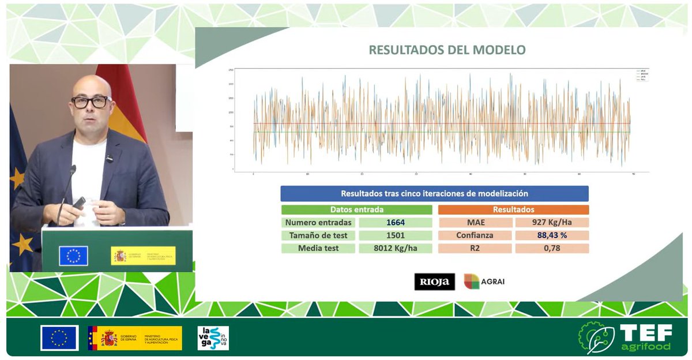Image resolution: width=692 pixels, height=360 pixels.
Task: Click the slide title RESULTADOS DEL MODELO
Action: click(447, 50)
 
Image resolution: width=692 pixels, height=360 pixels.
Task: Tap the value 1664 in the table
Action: click(395, 222)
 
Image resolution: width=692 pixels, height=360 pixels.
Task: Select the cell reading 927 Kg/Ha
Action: click(552, 222)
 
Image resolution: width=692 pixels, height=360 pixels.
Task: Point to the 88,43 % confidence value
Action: click(552, 235)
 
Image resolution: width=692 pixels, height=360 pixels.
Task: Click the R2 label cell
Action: click(475, 249)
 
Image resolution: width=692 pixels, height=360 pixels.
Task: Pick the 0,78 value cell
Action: click(552, 249)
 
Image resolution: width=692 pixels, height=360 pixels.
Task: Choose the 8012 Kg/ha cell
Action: click(395, 249)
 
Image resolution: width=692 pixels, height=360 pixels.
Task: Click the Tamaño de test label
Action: click(319, 235)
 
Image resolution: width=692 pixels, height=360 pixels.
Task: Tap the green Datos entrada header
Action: click(356, 209)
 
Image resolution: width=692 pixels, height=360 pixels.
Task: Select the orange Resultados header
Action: click(513, 209)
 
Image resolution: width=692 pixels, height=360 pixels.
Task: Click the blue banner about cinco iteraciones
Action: click(434, 194)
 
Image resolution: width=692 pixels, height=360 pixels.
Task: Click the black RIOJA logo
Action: click(434, 282)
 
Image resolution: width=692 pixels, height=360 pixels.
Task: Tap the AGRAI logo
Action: click(484, 282)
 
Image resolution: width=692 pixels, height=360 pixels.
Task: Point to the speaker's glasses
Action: click(91, 102)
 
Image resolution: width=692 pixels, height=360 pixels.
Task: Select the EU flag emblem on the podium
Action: click(73, 256)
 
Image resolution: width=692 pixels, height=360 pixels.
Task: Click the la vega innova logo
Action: click(213, 338)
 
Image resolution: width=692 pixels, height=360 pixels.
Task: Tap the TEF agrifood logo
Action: click(625, 337)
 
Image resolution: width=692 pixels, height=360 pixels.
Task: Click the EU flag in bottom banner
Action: click(59, 338)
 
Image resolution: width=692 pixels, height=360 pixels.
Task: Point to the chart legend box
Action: click(641, 75)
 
